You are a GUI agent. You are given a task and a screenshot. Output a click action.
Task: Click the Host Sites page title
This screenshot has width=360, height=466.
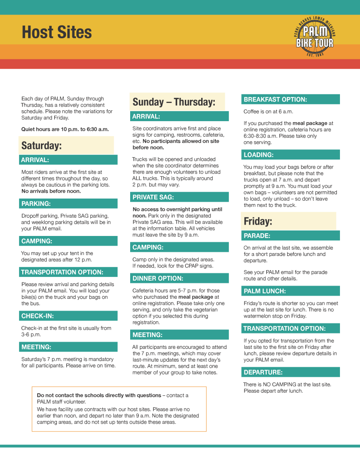pos(57,33)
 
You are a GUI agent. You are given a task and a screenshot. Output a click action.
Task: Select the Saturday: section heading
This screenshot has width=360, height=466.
pos(42,146)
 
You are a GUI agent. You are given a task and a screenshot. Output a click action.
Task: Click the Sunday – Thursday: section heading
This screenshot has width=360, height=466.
pos(173,102)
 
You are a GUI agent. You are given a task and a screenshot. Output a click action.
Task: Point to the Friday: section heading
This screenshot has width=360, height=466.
pos(258,221)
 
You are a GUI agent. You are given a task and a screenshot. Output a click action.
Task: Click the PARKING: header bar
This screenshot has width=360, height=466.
pos(68,204)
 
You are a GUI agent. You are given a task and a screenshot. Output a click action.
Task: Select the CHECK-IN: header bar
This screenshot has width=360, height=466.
pos(68,316)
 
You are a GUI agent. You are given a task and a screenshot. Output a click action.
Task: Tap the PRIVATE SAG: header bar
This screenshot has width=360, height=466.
pos(179,197)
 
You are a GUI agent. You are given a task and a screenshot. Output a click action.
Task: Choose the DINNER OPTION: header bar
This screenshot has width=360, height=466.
pos(179,278)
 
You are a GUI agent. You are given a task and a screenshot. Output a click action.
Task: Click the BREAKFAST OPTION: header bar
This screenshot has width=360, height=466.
pos(290,99)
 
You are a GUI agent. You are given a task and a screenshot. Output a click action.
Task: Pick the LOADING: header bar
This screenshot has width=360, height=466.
pos(290,155)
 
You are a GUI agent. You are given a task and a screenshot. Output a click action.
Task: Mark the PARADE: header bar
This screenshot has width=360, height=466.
pos(290,236)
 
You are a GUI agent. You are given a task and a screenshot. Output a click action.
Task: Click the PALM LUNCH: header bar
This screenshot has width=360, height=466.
pos(290,291)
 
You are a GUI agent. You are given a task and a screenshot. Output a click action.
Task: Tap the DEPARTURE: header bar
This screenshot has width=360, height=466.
pos(290,372)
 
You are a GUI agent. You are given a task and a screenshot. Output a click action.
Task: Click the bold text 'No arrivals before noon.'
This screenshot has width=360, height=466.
pos(51,191)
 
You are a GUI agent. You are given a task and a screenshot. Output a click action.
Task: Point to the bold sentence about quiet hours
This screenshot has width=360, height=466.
pos(65,129)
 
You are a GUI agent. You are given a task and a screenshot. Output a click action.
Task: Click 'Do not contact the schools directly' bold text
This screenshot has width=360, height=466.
pos(99,395)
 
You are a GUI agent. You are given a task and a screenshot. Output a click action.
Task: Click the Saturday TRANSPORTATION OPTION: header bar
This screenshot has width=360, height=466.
pos(68,272)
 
